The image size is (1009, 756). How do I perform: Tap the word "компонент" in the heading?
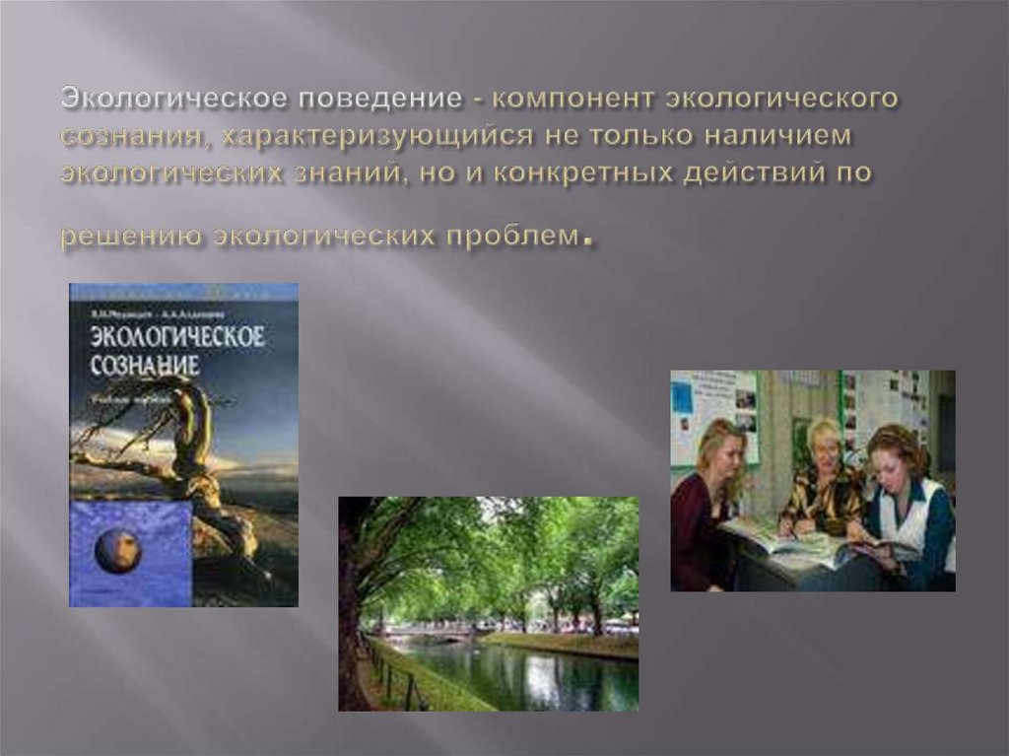572,100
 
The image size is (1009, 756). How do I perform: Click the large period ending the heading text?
588,240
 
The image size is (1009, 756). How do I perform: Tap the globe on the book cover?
119,550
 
